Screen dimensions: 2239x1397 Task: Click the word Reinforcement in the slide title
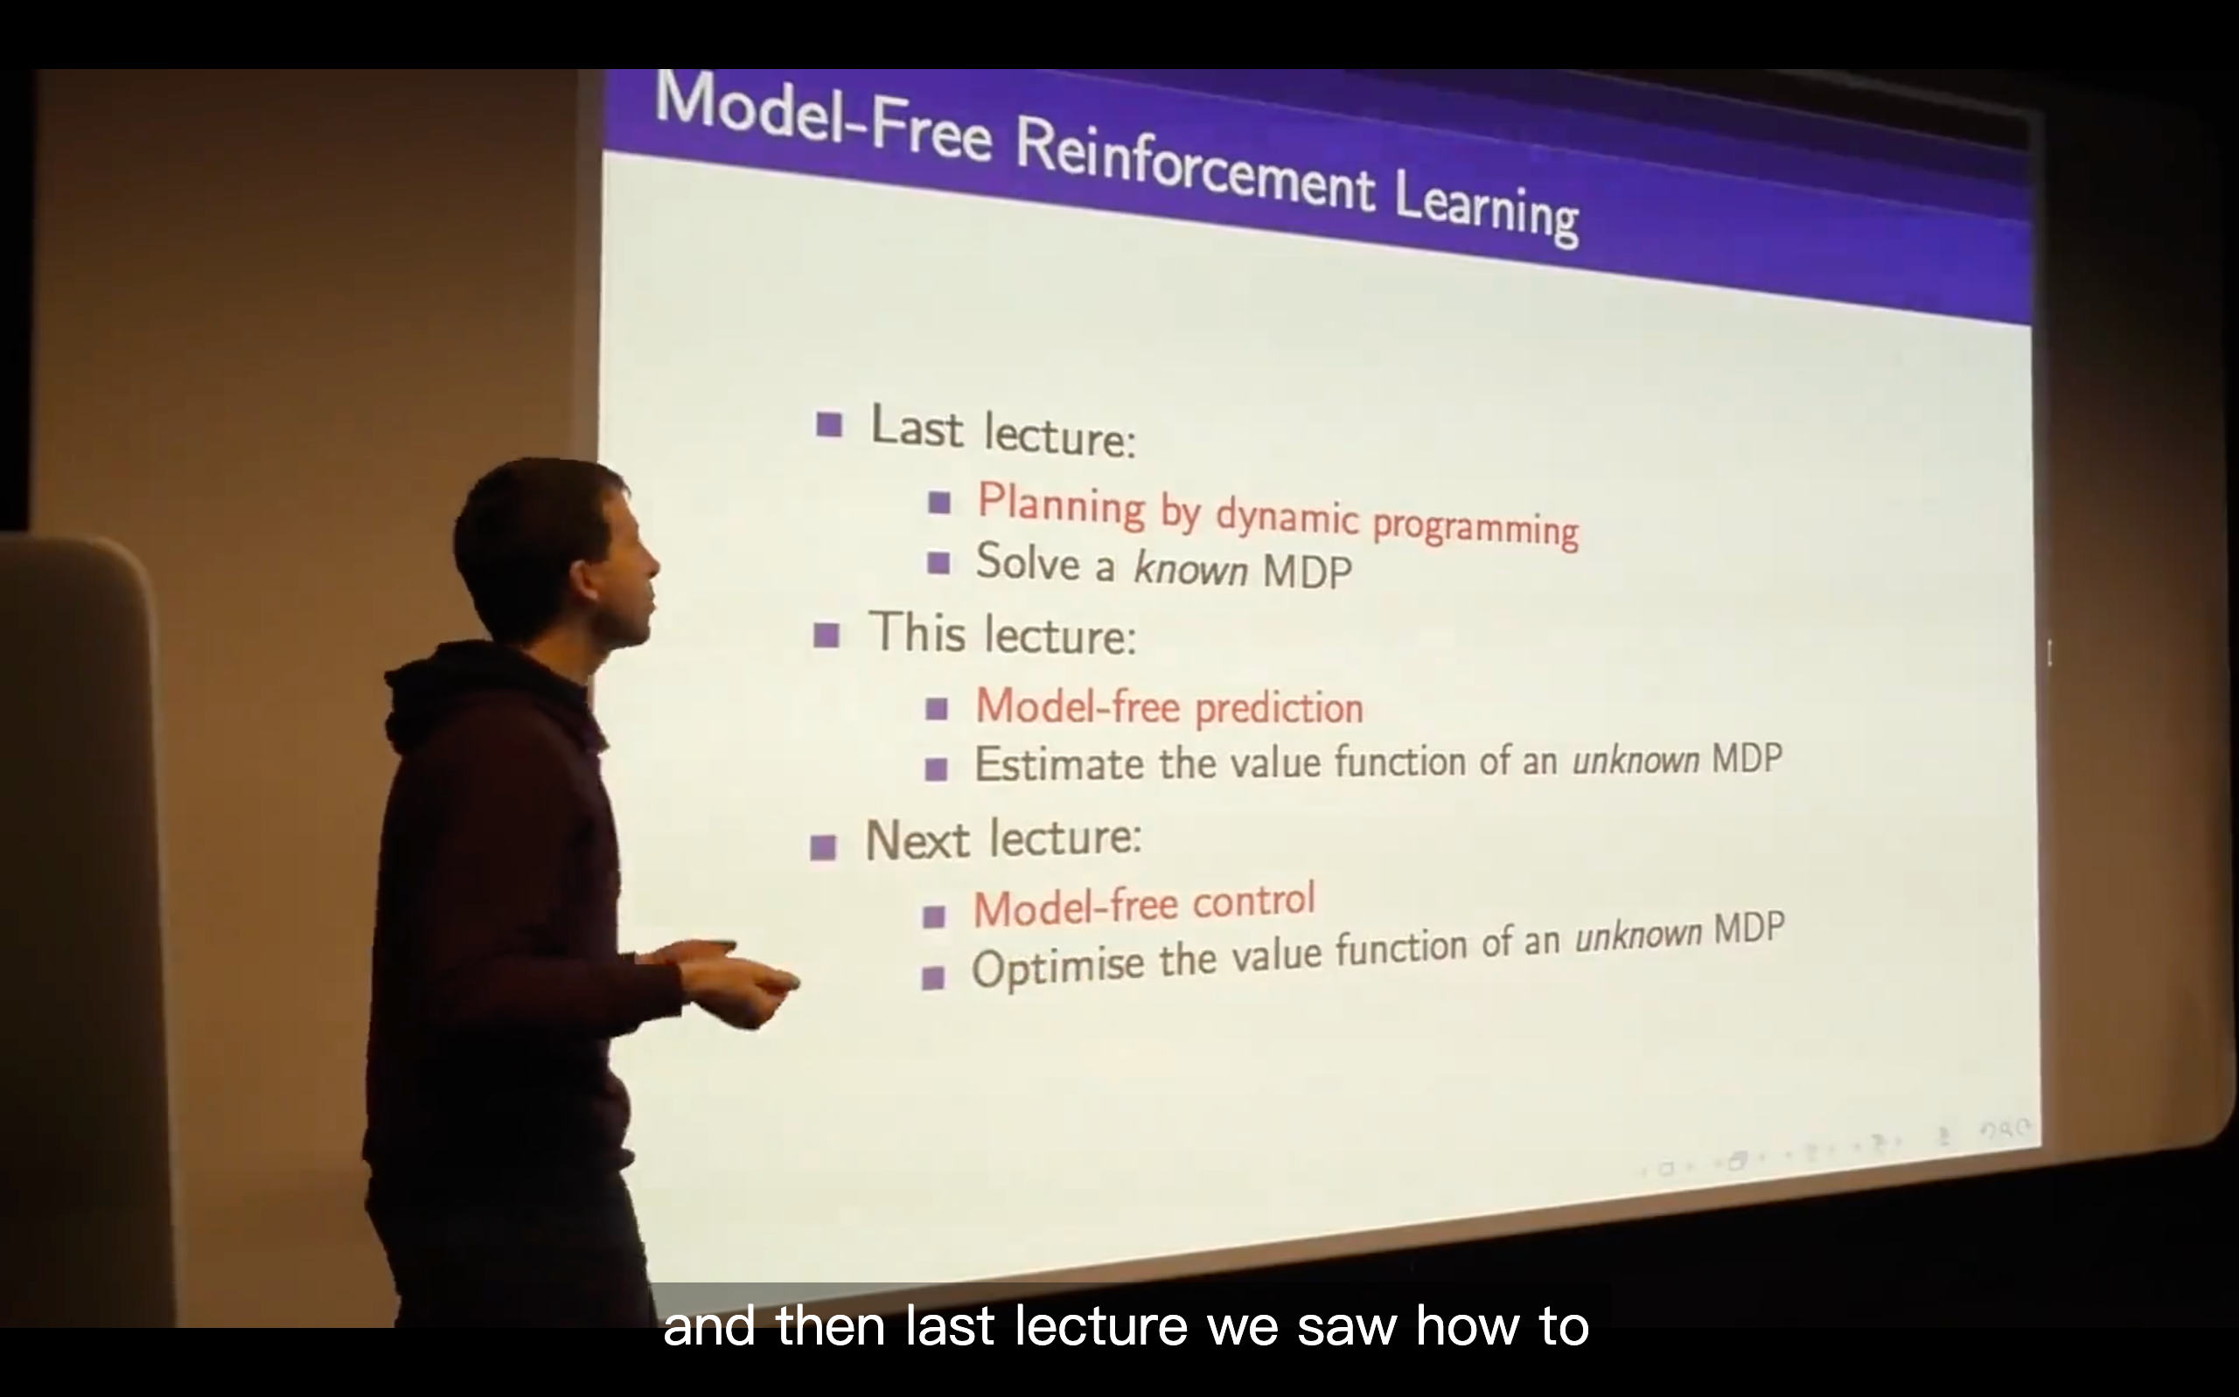coord(1195,166)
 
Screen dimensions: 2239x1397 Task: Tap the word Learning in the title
coord(1485,209)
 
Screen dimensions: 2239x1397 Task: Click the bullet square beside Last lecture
coord(829,424)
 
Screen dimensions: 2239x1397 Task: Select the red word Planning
coord(1061,504)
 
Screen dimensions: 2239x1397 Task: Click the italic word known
coord(1190,567)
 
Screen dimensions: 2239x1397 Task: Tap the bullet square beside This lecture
coord(827,635)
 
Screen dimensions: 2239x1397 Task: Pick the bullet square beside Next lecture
coord(822,847)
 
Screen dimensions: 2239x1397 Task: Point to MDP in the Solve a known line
coord(1307,572)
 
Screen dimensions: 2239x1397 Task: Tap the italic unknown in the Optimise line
coord(1637,935)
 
